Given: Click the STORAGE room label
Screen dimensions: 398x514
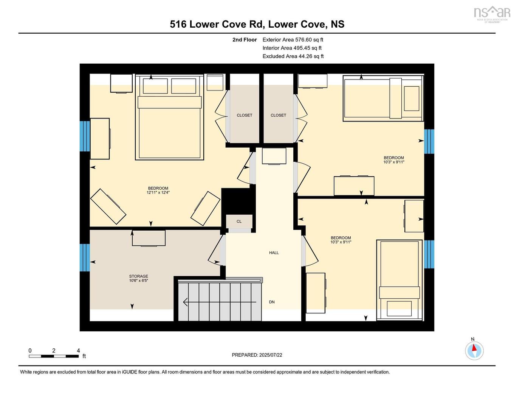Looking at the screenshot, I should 139,276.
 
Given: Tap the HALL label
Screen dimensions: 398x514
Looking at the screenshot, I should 274,253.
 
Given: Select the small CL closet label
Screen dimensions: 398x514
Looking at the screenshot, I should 239,222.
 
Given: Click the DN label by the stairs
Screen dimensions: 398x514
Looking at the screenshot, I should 272,302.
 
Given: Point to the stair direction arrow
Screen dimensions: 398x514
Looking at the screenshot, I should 219,302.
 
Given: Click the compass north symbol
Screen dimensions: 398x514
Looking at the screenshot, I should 474,350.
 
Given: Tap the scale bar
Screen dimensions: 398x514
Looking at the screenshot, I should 54,356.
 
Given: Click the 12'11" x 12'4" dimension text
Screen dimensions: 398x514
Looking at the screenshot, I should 158,193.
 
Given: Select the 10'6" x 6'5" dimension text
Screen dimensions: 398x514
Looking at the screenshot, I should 139,281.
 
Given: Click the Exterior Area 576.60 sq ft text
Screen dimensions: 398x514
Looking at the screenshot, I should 293,39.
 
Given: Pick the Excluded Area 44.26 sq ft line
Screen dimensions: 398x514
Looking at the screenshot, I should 293,56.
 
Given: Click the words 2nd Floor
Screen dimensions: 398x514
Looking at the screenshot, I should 245,39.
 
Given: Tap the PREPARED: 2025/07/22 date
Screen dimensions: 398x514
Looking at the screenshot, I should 257,355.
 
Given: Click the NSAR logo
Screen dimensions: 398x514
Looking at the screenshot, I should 492,13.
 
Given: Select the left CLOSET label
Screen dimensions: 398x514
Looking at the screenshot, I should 245,115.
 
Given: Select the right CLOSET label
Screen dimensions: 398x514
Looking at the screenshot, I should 279,115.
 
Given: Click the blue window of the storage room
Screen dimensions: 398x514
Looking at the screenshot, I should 85,258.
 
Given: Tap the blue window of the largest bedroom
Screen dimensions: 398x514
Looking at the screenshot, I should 85,136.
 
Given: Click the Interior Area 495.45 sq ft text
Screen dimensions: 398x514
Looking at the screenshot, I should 292,48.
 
